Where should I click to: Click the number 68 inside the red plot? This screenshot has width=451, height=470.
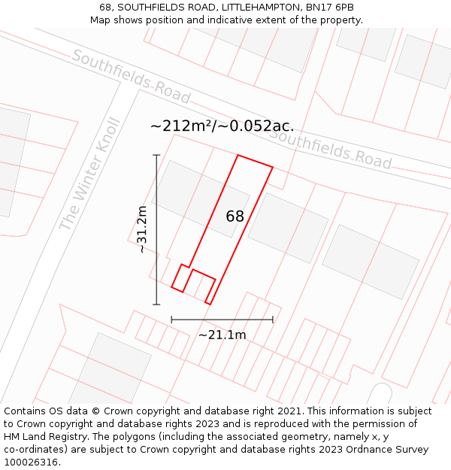(x=235, y=217)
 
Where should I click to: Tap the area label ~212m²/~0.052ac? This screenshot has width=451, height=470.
(x=222, y=126)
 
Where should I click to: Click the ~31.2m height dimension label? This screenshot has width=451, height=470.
(x=142, y=229)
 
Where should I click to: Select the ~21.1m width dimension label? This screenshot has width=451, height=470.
(x=222, y=335)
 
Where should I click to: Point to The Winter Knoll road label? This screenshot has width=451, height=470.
(x=89, y=174)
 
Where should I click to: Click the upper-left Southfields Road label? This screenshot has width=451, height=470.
(x=131, y=77)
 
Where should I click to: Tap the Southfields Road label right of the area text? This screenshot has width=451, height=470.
(x=330, y=148)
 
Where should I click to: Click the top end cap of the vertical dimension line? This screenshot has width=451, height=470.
(x=157, y=155)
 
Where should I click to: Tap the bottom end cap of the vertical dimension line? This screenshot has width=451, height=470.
(x=157, y=304)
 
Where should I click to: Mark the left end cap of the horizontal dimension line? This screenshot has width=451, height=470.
(x=172, y=320)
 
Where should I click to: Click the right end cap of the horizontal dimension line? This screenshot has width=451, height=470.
(x=272, y=320)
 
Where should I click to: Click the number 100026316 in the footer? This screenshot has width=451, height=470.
(x=31, y=462)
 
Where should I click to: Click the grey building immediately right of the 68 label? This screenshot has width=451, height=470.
(x=288, y=228)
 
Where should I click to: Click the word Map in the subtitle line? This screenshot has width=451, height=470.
(x=101, y=20)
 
